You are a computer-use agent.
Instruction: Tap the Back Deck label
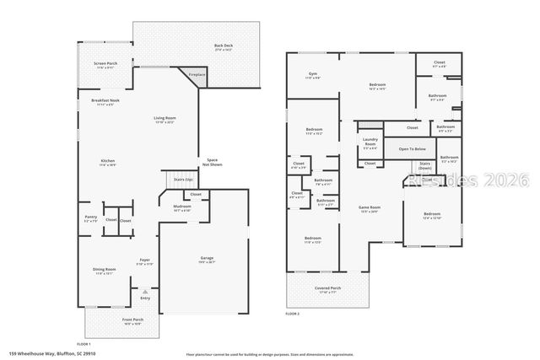223,46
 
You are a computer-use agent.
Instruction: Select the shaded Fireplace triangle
196,76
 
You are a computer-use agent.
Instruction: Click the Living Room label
165,119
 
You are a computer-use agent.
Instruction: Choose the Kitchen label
107,162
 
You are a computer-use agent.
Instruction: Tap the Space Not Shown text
213,162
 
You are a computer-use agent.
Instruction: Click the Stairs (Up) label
183,180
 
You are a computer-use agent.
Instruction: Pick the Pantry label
91,218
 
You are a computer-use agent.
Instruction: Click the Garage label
207,259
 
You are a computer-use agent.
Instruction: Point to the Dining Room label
104,271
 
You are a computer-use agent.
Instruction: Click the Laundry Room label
370,142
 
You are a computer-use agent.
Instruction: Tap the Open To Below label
413,149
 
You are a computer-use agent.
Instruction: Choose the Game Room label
370,208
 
